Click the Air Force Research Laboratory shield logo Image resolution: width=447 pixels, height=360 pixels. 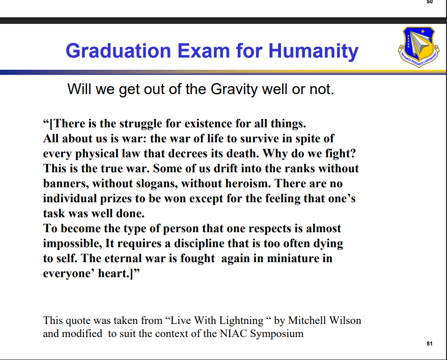pos(419,47)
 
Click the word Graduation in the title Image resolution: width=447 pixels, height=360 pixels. pos(118,51)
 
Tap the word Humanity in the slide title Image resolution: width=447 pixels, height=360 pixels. pos(313,51)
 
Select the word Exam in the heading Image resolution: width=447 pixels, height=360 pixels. pos(204,51)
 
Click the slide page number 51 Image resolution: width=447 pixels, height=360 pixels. pos(429,344)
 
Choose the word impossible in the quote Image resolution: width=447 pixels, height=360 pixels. pos(73,244)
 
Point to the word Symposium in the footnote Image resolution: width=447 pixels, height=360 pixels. pos(277,334)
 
